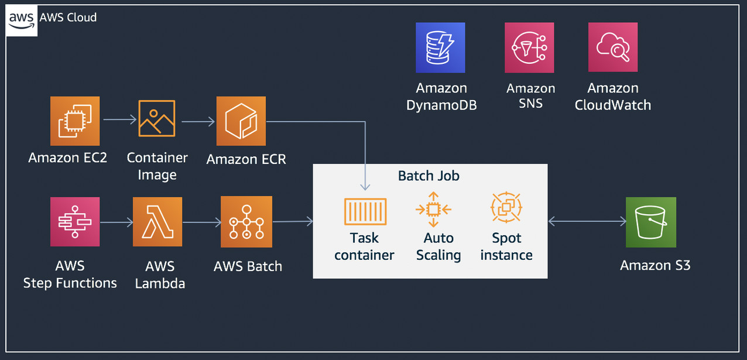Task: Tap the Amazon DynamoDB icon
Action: pos(440,48)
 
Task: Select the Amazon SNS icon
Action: pos(529,48)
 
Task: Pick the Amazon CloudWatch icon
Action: pos(613,48)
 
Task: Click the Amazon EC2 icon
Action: pos(75,121)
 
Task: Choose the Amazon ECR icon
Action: pos(241,121)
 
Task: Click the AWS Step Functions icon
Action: pos(75,222)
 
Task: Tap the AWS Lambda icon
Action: pos(157,222)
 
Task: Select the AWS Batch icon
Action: pos(246,221)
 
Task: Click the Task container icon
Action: pos(365,211)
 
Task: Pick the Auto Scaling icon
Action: pos(433,209)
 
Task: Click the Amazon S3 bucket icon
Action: pos(651,222)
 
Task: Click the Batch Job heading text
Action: pos(429,176)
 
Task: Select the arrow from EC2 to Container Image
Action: pos(119,119)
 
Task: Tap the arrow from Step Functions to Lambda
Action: pos(117,222)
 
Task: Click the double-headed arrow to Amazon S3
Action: pos(587,221)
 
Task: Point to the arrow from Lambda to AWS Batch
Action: pos(201,222)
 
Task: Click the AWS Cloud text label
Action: pos(68,17)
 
